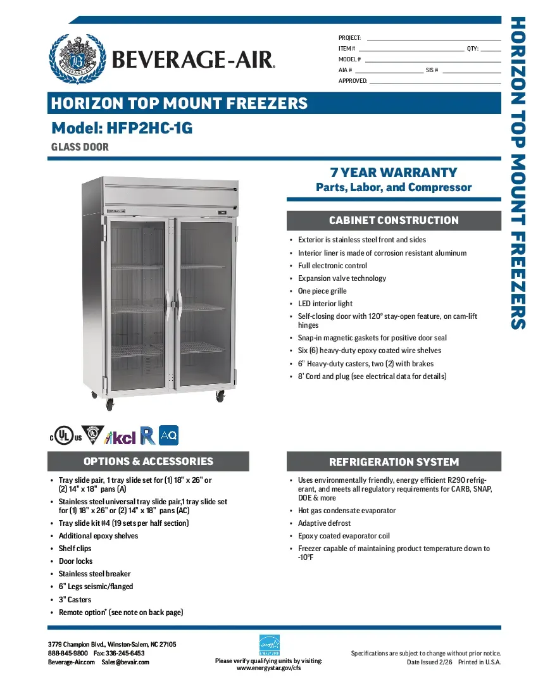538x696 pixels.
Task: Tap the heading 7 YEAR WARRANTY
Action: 393,172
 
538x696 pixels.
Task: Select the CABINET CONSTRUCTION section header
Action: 394,220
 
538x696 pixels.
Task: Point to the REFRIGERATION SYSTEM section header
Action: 394,462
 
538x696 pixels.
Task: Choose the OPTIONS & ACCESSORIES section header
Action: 149,461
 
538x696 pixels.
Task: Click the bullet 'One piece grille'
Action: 322,291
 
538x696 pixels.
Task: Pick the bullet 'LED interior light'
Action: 325,304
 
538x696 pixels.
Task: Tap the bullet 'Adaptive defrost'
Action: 324,523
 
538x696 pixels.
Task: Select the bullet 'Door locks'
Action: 75,561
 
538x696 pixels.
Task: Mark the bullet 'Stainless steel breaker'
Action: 94,574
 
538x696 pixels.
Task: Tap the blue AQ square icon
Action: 169,435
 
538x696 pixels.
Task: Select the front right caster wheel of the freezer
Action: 220,396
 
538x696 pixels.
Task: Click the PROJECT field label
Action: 349,39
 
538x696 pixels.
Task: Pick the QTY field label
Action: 473,49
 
